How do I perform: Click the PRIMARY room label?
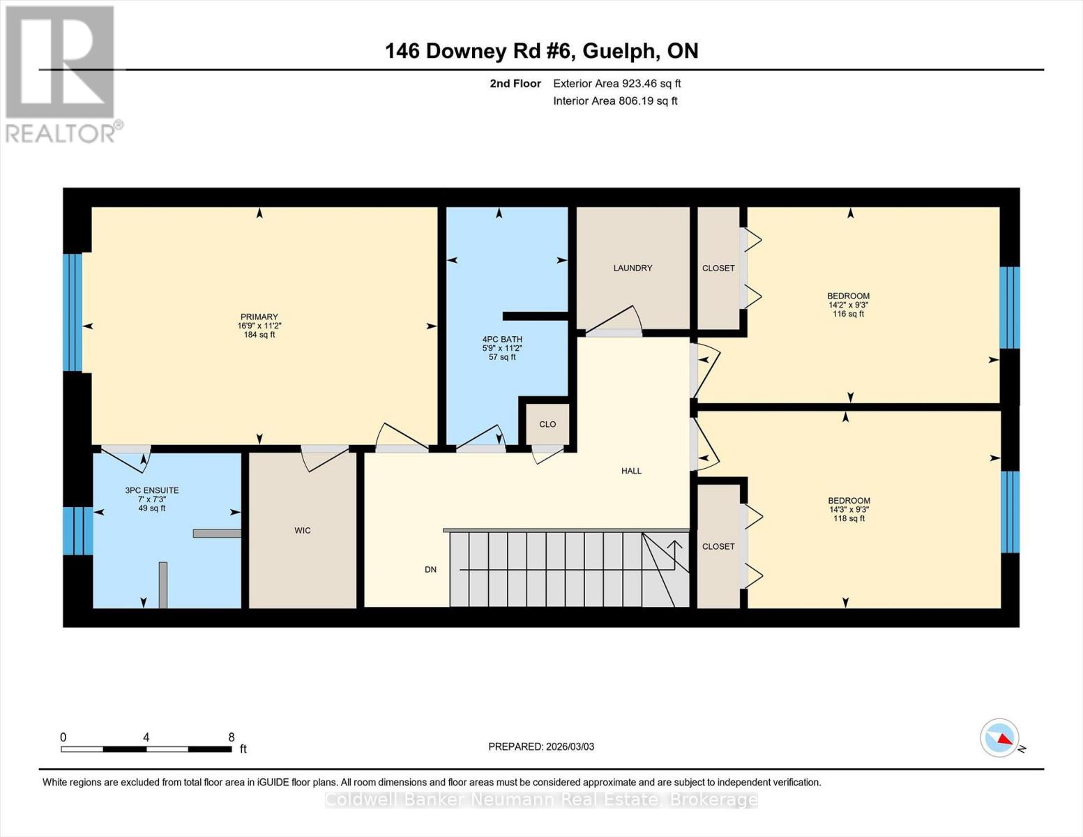259,317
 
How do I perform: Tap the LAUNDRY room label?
633,268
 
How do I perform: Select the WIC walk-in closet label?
302,531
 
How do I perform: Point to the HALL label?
631,471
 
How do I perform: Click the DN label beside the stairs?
430,570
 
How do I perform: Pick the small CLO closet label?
547,424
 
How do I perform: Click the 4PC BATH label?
502,340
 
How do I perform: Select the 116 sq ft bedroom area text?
848,314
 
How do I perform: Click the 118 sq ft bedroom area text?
849,518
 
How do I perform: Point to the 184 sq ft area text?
259,335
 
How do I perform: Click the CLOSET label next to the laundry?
718,268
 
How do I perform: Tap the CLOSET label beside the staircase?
718,546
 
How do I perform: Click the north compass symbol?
1000,738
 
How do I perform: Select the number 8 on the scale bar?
232,737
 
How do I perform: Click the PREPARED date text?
541,746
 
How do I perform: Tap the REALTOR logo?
61,73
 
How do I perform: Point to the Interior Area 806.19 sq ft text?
615,100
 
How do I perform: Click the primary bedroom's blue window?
73,312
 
